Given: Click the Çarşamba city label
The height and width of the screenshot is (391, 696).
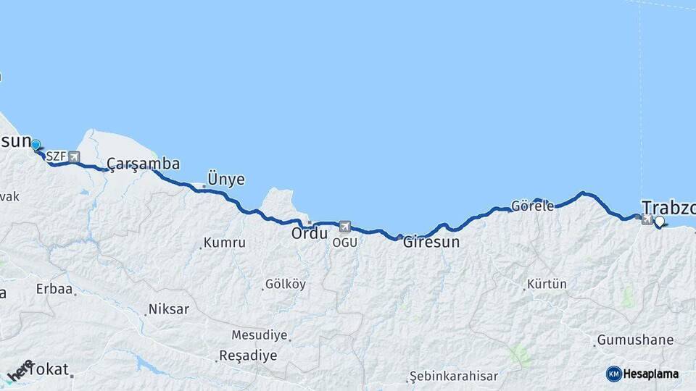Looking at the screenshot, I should point(143,164).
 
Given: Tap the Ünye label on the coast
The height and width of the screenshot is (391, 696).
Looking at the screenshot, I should point(225,179).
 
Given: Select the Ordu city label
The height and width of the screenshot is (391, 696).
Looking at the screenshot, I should point(310,234).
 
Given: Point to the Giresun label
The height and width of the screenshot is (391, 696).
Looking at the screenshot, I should point(431,242).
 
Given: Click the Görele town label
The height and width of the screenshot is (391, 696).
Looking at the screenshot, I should point(532,206).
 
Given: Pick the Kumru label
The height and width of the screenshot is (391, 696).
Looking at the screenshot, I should point(224,243).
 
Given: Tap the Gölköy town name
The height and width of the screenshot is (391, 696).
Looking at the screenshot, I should point(285,284).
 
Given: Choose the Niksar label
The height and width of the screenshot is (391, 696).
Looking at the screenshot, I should point(168,309).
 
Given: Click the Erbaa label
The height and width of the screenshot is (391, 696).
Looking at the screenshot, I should point(54,289).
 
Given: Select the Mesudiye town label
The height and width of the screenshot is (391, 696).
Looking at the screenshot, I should point(260,335).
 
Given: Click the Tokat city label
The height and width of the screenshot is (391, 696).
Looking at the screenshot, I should point(51,369).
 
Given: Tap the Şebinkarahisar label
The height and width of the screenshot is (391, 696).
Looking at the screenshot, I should point(453,377).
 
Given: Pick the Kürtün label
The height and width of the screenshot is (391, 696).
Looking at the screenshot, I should point(547,284).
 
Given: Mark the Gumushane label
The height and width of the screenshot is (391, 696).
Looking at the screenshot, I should point(635,340).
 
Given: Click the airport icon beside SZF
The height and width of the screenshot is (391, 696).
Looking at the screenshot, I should point(74,156).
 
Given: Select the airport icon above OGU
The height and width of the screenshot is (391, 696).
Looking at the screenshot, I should point(344,227).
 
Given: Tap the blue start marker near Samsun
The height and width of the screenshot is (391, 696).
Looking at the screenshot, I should point(35,146).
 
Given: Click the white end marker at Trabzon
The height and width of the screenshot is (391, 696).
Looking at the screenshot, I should point(660,222).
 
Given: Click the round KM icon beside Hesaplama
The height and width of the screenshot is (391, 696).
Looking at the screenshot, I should point(613,374).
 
